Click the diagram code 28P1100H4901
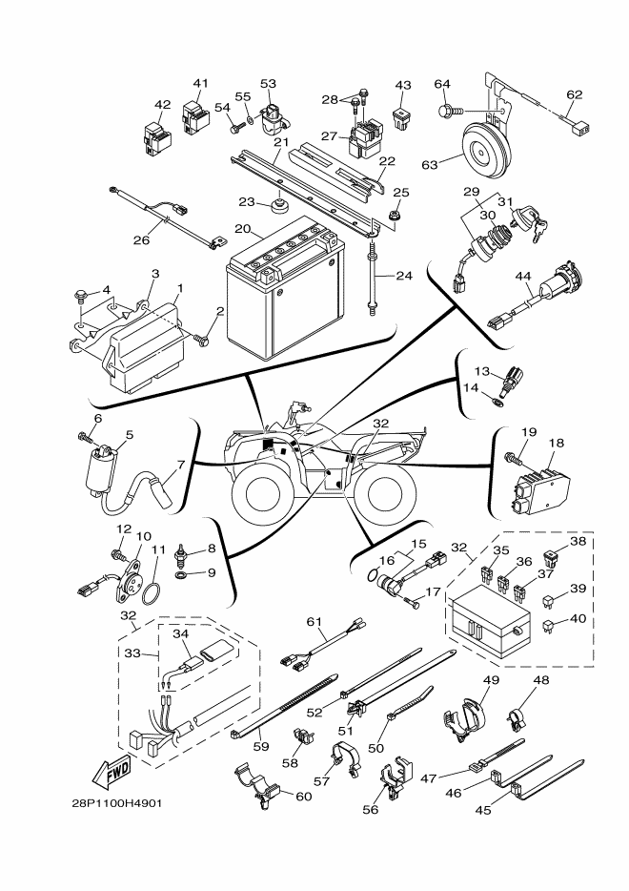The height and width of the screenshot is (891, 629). tap(115, 802)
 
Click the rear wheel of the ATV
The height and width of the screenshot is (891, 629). tap(390, 492)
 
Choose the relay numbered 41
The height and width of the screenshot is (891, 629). tap(196, 114)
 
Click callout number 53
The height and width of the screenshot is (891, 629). tap(268, 84)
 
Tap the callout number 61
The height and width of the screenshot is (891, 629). tap(310, 622)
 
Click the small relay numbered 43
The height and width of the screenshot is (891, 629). tap(402, 120)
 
